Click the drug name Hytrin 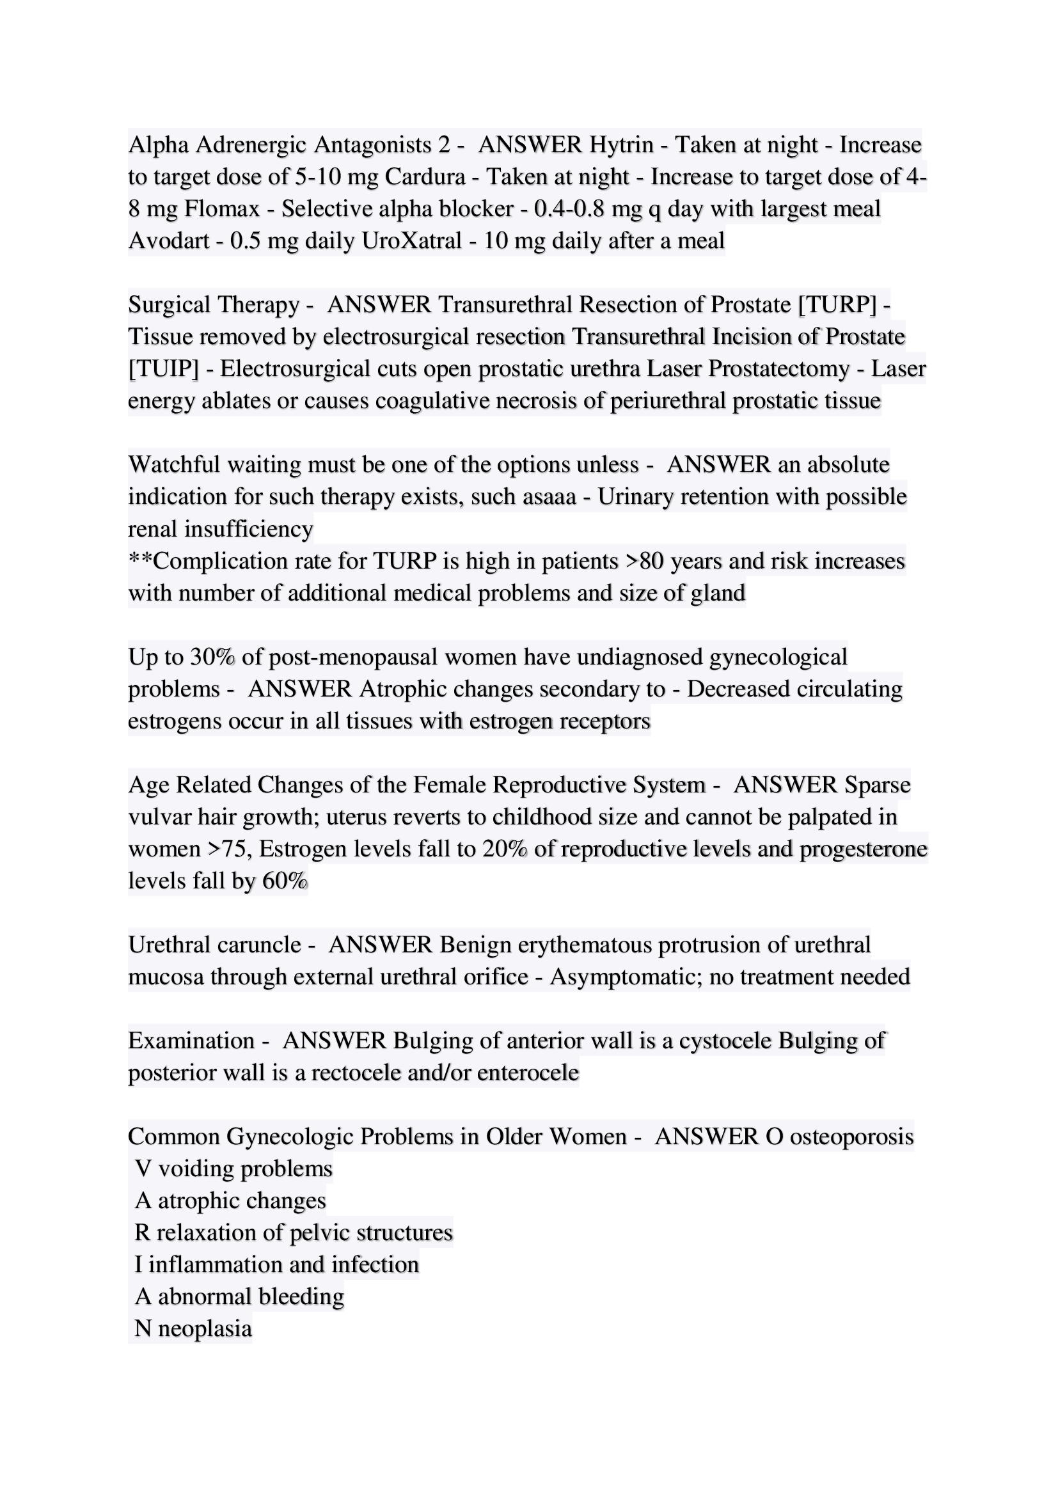click(x=621, y=145)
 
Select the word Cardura click(x=425, y=177)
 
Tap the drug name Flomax click(x=222, y=209)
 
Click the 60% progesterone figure click(x=284, y=881)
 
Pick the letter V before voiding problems click(x=143, y=1169)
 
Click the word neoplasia click(x=205, y=1328)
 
